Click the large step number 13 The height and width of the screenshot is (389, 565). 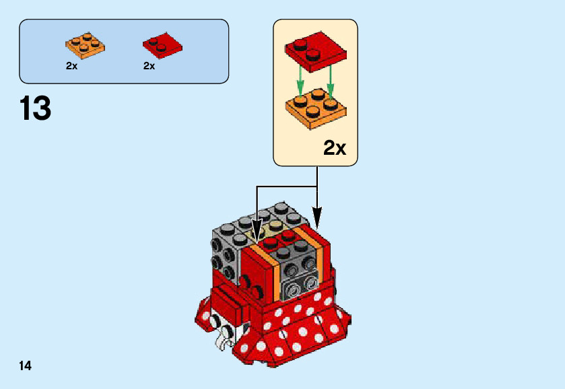pyautogui.click(x=36, y=108)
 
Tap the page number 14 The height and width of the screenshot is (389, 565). pyautogui.click(x=26, y=366)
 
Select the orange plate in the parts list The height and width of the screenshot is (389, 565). pyautogui.click(x=86, y=44)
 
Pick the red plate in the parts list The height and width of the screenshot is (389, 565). pyautogui.click(x=162, y=46)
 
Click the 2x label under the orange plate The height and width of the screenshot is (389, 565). pyautogui.click(x=71, y=66)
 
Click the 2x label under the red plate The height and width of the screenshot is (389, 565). pyautogui.click(x=149, y=66)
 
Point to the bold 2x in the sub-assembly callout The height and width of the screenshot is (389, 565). pyautogui.click(x=335, y=147)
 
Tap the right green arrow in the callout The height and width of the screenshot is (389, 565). pyautogui.click(x=331, y=81)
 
